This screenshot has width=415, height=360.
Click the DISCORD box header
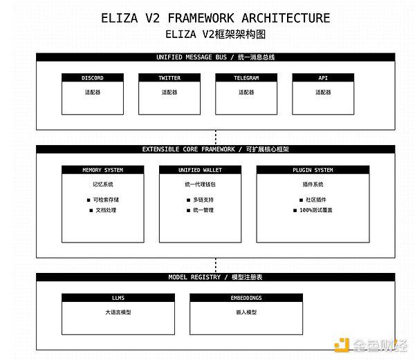pyautogui.click(x=93, y=77)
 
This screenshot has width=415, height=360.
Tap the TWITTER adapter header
pyautogui.click(x=169, y=77)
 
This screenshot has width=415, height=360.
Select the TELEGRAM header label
pyautogui.click(x=246, y=77)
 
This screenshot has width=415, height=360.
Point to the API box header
pyautogui.click(x=323, y=77)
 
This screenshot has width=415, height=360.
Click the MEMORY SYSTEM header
pyautogui.click(x=102, y=170)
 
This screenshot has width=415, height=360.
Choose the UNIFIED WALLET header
pyautogui.click(x=200, y=170)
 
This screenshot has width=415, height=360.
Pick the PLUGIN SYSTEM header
pyautogui.click(x=313, y=170)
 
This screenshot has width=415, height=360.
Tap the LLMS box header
pyautogui.click(x=118, y=298)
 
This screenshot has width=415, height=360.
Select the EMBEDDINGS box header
pyautogui.click(x=246, y=298)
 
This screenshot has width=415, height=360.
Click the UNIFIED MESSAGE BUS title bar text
pyautogui.click(x=215, y=57)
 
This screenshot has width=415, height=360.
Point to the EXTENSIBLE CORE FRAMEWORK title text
pyautogui.click(x=215, y=149)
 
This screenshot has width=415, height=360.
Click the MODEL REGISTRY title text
pyautogui.click(x=215, y=277)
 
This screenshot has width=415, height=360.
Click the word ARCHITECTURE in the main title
pyautogui.click(x=286, y=18)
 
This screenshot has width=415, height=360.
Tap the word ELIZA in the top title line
pyautogui.click(x=120, y=18)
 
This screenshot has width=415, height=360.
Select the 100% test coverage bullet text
pyautogui.click(x=316, y=210)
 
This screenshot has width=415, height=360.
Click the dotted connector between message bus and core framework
pyautogui.click(x=216, y=138)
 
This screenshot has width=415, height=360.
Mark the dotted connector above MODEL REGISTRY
pyautogui.click(x=216, y=265)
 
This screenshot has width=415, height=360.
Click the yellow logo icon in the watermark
pyautogui.click(x=342, y=345)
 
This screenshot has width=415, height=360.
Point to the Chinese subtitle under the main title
pyautogui.click(x=215, y=34)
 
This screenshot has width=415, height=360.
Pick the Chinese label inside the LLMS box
pyautogui.click(x=118, y=312)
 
